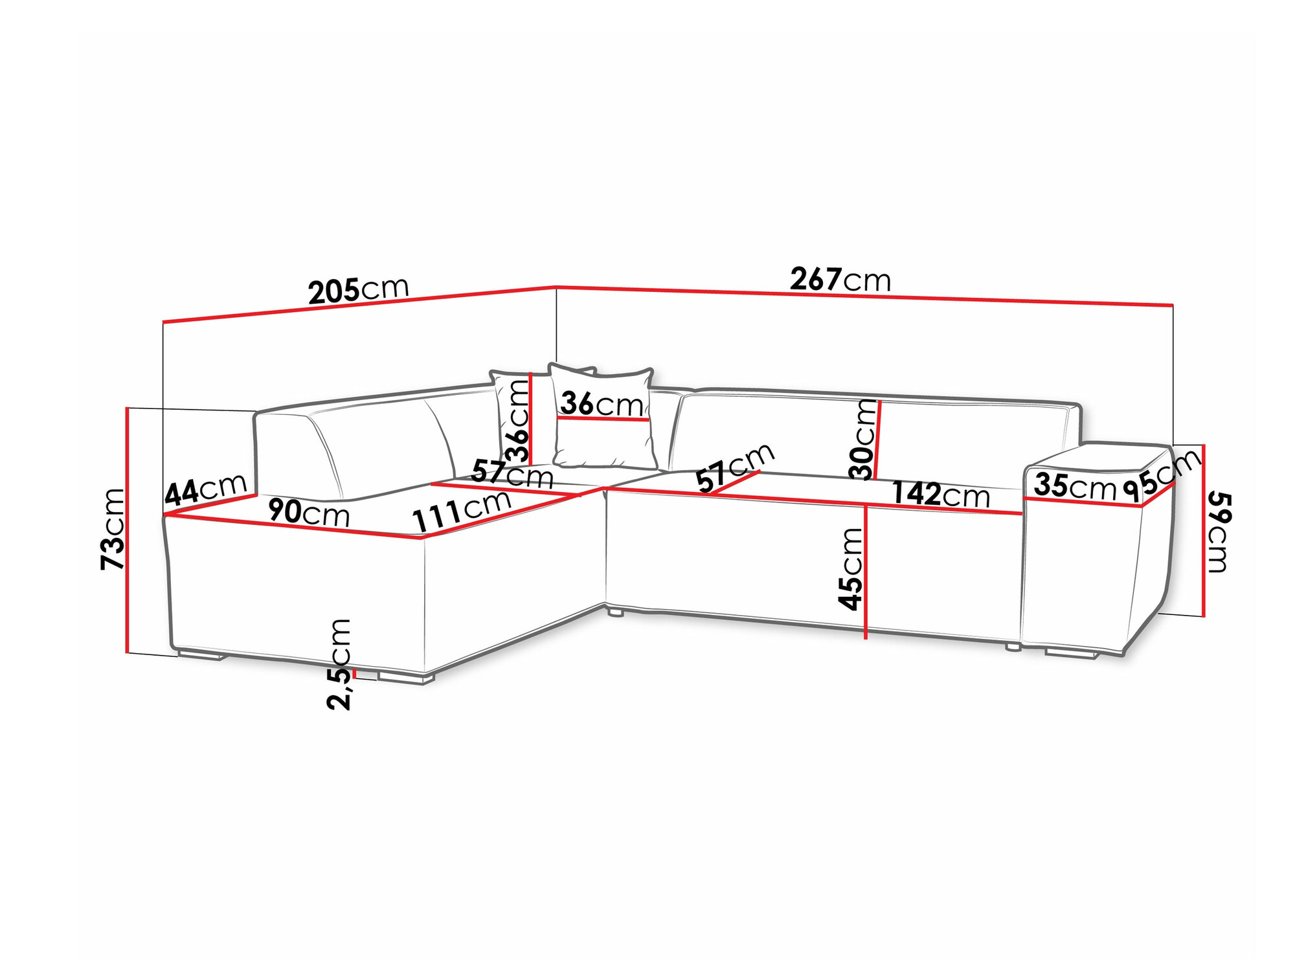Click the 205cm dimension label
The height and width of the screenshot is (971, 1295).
pos(359,290)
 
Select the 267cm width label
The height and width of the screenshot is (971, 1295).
pos(840,280)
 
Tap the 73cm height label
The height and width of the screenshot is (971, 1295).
pos(113,529)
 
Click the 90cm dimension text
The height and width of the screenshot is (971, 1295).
pos(309,513)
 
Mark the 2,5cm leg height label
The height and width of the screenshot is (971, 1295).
pos(339,664)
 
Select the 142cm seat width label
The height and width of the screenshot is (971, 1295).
pos(941,495)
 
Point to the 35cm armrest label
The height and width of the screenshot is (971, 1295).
pos(1075,485)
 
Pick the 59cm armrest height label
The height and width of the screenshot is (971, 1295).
pos(1219,532)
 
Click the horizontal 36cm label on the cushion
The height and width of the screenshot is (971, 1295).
pos(602,404)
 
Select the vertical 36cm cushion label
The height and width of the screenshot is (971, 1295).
pos(517,421)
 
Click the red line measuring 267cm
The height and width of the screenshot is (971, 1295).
pos(864,296)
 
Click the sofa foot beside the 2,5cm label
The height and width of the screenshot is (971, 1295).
pos(406,678)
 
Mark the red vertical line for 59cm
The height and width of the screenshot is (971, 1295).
pos(1203,530)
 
